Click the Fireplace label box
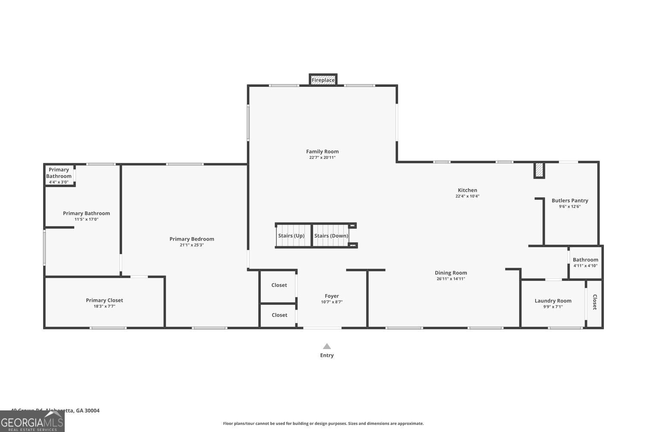(323, 80)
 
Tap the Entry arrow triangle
(327, 346)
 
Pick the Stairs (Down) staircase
(331, 235)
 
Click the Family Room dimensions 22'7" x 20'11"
(322, 158)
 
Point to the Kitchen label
(467, 190)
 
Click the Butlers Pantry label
(570, 200)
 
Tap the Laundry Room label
(553, 301)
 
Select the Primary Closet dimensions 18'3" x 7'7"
(104, 306)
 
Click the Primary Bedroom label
(192, 239)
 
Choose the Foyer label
(332, 296)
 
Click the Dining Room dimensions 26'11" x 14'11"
(451, 279)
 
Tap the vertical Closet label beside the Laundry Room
(594, 302)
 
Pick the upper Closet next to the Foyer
(279, 285)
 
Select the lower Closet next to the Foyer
(279, 315)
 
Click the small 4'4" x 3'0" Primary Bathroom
(59, 175)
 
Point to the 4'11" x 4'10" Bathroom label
(585, 260)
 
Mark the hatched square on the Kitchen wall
(539, 170)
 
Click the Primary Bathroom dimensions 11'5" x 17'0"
(86, 219)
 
